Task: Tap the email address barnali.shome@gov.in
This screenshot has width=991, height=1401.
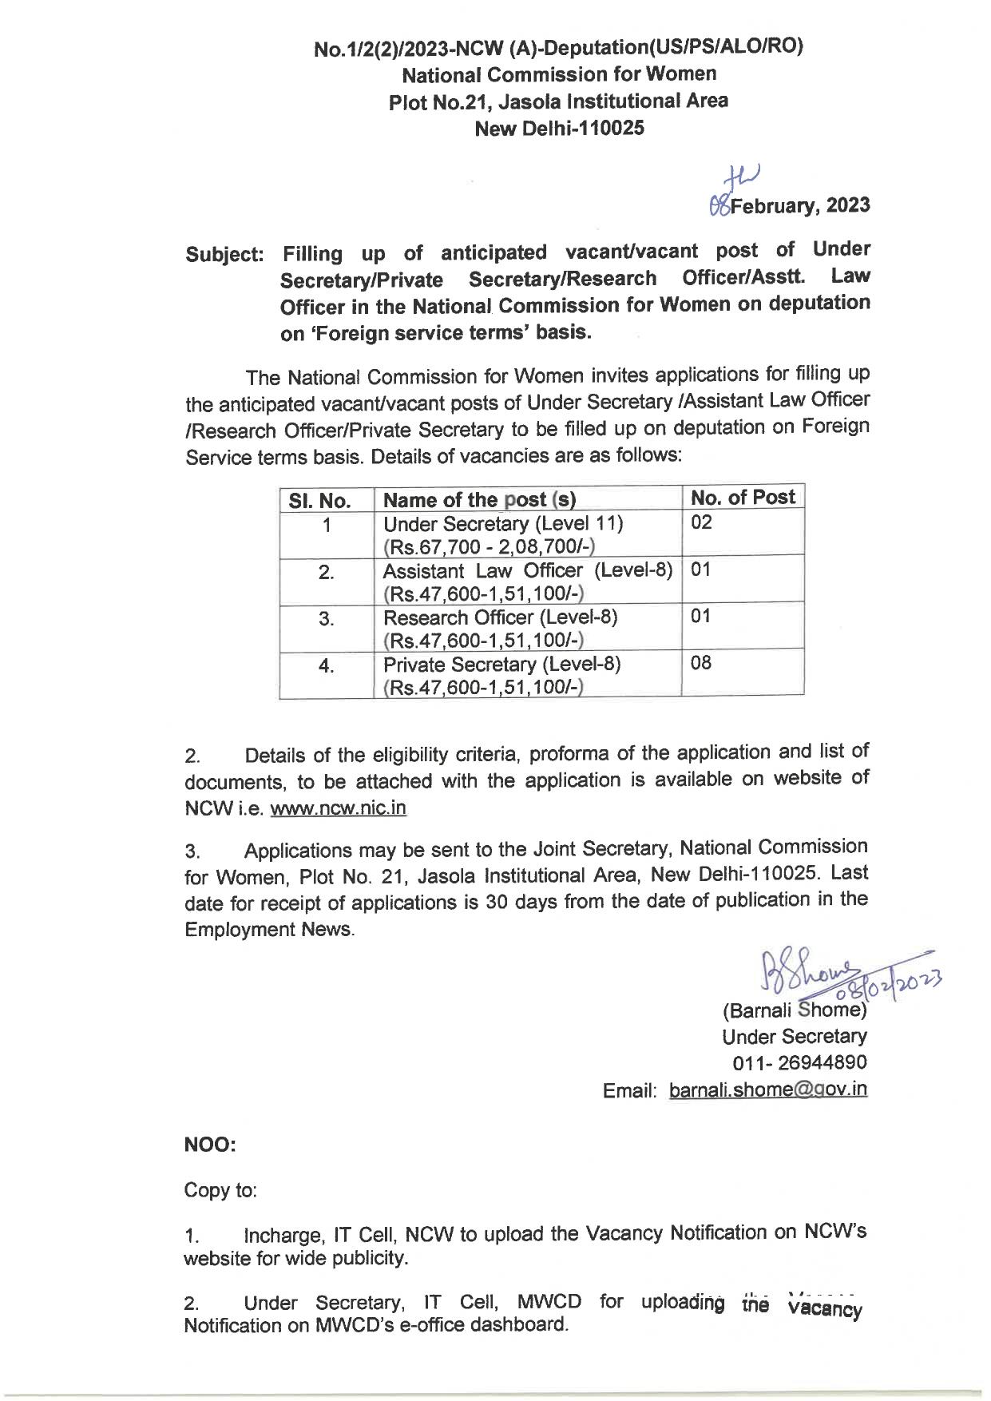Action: click(768, 1089)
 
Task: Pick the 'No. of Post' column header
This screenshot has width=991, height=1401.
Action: click(743, 498)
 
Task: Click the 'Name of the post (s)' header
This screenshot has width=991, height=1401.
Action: click(480, 500)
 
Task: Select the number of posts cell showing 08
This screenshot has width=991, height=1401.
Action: click(701, 663)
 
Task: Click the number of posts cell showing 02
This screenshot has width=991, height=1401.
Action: click(701, 523)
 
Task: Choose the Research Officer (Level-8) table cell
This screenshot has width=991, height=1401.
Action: click(501, 629)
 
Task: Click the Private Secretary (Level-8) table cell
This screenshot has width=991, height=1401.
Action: click(502, 676)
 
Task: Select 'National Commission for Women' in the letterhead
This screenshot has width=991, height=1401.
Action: click(558, 74)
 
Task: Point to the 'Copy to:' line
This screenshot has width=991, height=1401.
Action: click(220, 1190)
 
